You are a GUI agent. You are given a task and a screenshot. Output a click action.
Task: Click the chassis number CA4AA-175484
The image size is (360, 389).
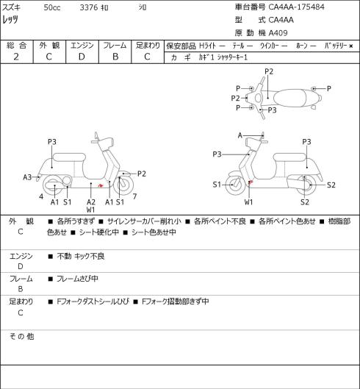[x=296, y=7]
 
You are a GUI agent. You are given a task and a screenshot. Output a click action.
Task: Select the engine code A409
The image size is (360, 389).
[x=278, y=33]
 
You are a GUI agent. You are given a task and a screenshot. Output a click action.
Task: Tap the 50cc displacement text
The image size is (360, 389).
[x=52, y=7]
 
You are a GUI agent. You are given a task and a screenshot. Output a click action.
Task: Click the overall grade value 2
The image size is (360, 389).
[x=16, y=57]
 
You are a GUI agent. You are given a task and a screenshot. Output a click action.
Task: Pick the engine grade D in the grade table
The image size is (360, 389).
[x=82, y=57]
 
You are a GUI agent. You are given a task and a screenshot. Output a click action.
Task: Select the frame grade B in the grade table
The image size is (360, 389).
[x=115, y=57]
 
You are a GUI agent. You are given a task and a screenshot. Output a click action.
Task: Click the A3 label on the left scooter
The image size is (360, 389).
[x=27, y=177]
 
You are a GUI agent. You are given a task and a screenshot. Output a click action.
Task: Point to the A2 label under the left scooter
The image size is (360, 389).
[x=91, y=202]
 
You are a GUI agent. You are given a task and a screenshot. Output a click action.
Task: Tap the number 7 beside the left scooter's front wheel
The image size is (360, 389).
[x=134, y=196]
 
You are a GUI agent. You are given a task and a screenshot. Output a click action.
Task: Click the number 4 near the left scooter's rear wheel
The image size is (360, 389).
[x=41, y=196]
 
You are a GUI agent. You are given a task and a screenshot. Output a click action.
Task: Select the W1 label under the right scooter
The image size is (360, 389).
[x=248, y=202]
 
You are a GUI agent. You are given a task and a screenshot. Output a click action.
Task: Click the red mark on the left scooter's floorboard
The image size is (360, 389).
[x=101, y=185]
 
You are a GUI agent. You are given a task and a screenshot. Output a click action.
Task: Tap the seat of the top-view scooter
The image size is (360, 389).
[x=291, y=98]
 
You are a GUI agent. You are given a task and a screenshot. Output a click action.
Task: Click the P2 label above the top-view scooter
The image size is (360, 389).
[x=269, y=71]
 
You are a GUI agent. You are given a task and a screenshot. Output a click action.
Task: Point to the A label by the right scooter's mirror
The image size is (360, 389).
[x=240, y=135]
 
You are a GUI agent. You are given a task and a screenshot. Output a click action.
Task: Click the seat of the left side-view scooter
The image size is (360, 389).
[x=69, y=158]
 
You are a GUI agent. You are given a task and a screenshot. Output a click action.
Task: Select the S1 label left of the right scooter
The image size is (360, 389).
[x=217, y=185]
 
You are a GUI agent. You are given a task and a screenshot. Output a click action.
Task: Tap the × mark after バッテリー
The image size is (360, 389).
[x=351, y=46]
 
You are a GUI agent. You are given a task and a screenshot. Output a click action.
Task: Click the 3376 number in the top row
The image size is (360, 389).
[x=89, y=7]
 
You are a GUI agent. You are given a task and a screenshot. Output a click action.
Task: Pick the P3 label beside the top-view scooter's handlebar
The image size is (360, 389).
[x=272, y=110]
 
